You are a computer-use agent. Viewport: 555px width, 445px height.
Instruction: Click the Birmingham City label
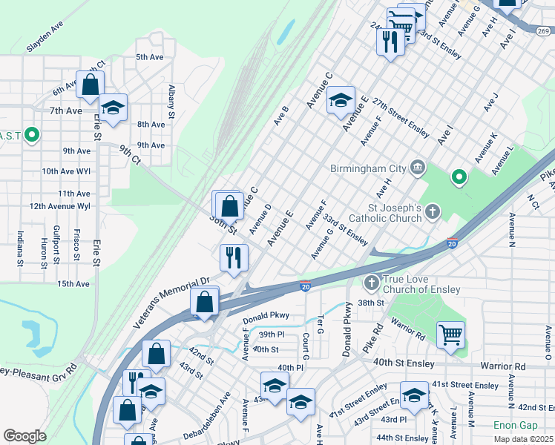[x=368, y=168]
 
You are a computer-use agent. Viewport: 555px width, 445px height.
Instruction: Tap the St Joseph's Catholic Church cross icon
[x=433, y=213]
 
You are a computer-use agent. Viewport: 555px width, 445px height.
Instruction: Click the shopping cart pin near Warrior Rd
[x=450, y=334]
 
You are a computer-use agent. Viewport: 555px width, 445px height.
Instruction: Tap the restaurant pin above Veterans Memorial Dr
[x=234, y=258]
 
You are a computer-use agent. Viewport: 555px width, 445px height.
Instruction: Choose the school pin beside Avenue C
[x=341, y=102]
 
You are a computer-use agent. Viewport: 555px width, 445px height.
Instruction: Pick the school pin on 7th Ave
[x=114, y=108]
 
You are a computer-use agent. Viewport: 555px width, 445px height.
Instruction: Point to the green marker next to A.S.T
[x=31, y=135]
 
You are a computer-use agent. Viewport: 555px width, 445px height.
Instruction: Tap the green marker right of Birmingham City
[x=459, y=177]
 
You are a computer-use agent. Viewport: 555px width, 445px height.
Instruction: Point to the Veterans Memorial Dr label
[x=171, y=292]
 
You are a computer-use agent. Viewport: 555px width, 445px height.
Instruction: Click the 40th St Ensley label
[x=404, y=362]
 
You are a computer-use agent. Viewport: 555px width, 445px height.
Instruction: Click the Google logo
[x=24, y=436]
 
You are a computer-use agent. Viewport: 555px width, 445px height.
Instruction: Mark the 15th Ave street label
[x=73, y=283]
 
